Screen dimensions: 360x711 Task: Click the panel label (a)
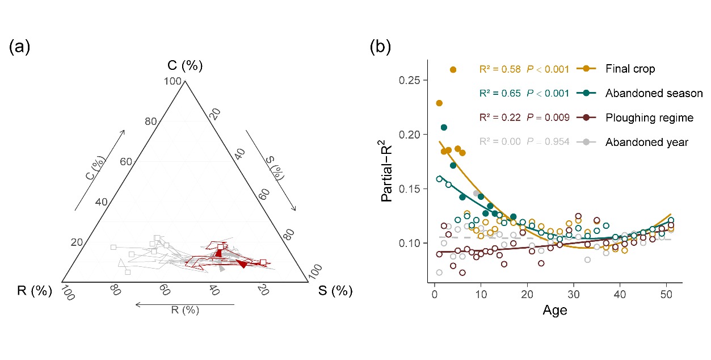click(19, 48)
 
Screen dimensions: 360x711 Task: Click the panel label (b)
click(380, 48)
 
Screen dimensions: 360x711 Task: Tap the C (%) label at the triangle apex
click(185, 66)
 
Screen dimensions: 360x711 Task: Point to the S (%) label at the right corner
click(335, 291)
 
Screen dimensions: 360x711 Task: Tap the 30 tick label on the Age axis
click(574, 295)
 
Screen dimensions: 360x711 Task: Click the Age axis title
click(554, 311)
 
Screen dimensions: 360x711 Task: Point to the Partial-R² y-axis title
click(389, 174)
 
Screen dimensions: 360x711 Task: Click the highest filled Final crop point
click(453, 70)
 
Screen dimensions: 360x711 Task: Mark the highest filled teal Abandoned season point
click(444, 127)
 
